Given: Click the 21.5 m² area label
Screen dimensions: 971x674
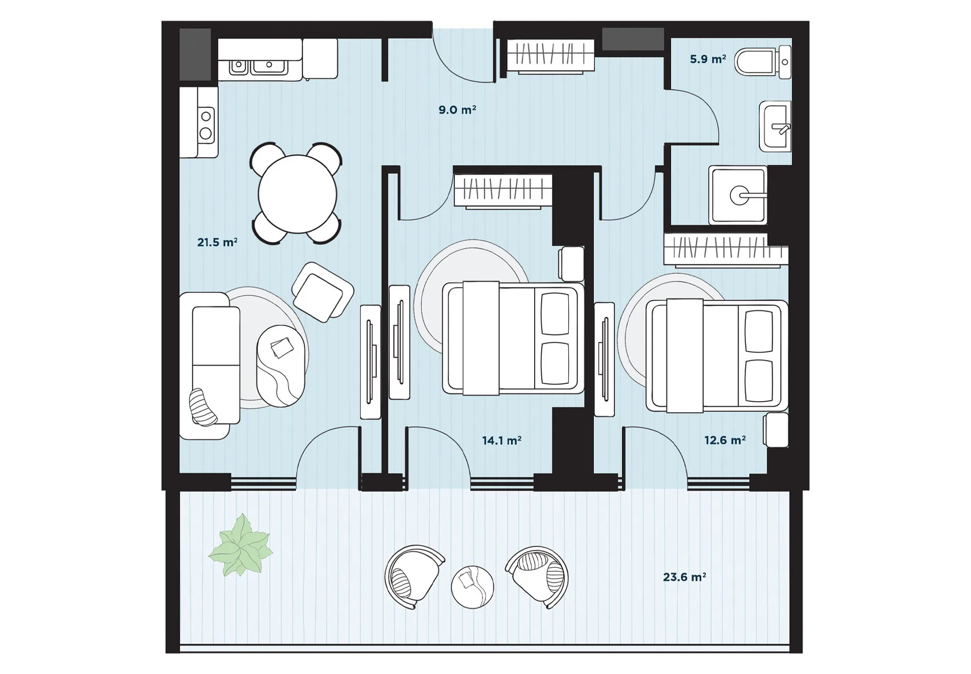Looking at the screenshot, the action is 217,242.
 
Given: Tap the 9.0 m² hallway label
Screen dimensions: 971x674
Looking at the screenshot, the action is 457,110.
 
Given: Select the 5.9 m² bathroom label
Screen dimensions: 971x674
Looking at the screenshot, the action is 708,59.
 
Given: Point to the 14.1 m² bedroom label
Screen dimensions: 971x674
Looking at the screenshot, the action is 502,440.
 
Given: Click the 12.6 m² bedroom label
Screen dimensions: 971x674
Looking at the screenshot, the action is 725,440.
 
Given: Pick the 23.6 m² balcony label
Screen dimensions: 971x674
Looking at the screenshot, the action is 685,577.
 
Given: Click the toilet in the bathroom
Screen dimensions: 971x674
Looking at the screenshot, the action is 763,62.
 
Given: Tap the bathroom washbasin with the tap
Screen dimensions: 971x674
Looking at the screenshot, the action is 775,126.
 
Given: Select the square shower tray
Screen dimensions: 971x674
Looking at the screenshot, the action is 738,195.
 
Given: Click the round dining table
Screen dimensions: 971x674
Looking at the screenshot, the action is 297,194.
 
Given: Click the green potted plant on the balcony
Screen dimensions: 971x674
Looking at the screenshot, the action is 240,546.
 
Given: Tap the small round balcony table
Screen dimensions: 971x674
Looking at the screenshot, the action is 472,587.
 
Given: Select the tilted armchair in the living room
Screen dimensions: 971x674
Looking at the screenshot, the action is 322,292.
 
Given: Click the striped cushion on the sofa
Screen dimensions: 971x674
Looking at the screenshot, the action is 203,407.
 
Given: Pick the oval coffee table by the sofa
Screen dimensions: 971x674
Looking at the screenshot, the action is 281,366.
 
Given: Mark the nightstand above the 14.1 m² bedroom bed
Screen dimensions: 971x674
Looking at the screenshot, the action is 571,264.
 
